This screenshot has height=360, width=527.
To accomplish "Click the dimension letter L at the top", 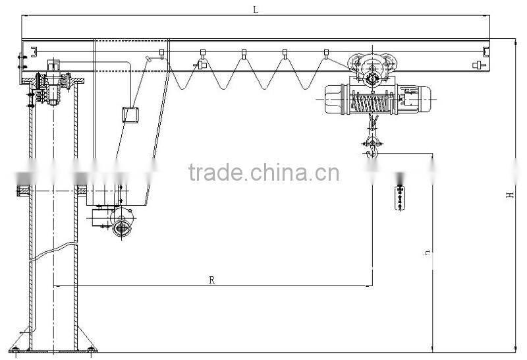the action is click(x=256, y=10).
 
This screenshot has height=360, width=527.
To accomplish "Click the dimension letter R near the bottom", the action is click(x=211, y=280).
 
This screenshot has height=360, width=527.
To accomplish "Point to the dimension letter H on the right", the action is click(x=510, y=195).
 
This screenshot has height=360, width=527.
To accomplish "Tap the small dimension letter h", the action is click(x=427, y=253).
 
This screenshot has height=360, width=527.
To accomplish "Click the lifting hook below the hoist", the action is click(x=372, y=151).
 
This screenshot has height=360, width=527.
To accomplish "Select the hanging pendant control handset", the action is click(x=400, y=198).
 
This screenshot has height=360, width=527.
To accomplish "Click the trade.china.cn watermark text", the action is click(x=264, y=173).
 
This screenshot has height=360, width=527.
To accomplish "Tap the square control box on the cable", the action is click(x=130, y=115).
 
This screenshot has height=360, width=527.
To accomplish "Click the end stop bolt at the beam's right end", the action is click(x=479, y=65).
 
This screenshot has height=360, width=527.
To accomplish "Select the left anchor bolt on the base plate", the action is click(x=15, y=350).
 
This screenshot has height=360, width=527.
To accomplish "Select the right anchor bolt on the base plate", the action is click(x=91, y=350).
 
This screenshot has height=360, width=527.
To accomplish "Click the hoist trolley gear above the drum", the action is click(x=372, y=80).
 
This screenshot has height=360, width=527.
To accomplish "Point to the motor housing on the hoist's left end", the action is click(x=333, y=100).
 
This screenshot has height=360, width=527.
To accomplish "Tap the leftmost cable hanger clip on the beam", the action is click(x=161, y=54).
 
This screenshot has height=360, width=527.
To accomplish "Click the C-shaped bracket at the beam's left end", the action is click(x=34, y=52).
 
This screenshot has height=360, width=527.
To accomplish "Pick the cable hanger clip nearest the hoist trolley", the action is click(x=325, y=54).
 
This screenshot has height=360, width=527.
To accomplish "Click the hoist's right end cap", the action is click(x=425, y=100).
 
